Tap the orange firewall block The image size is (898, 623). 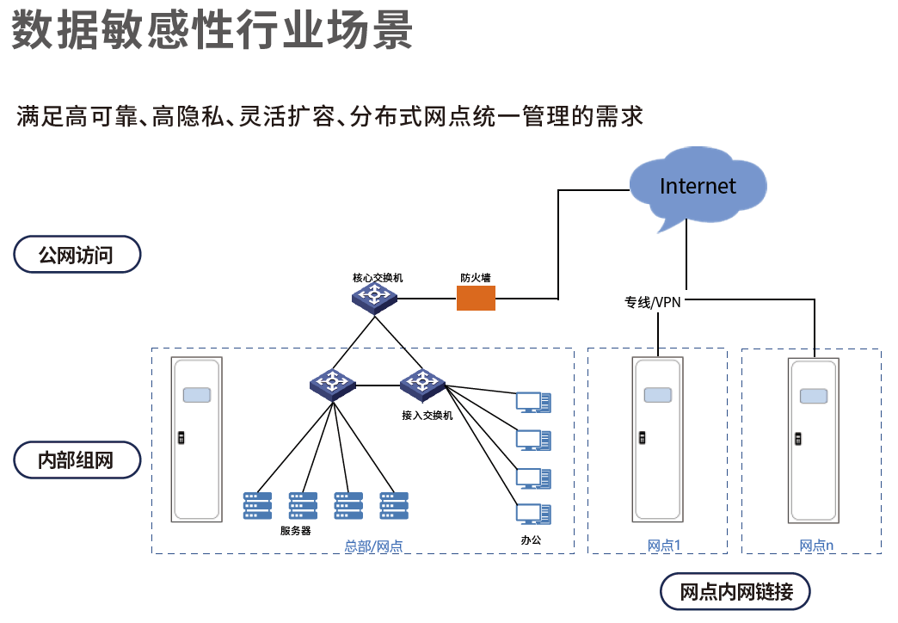pos(476,298)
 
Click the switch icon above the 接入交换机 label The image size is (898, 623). pos(421,384)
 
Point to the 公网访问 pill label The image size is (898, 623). pos(77,255)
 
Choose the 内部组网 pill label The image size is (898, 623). pos(77,460)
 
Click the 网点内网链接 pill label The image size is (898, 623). pos(735,592)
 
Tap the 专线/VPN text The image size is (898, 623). pos(653,302)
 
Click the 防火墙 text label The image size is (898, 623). pos(475,278)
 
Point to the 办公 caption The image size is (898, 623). pos(532,540)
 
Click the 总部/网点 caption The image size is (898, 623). pos(373,546)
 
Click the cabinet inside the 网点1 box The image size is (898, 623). pos(658,440)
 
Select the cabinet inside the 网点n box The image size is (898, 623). pos(813,440)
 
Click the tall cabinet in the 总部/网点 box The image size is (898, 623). pos(198,440)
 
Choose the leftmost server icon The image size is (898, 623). pos(257,505)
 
